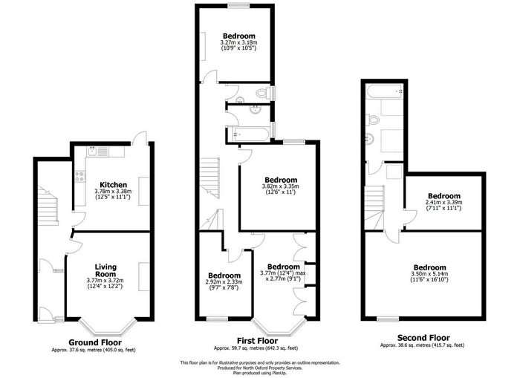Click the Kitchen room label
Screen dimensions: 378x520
pos(114,184)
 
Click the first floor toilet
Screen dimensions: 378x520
pos(261,94)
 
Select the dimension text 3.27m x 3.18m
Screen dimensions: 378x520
pos(238,44)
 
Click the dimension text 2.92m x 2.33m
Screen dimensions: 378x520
pos(223,281)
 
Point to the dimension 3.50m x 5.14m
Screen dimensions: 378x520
pos(429,275)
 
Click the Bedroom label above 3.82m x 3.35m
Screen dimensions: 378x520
pos(280,180)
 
